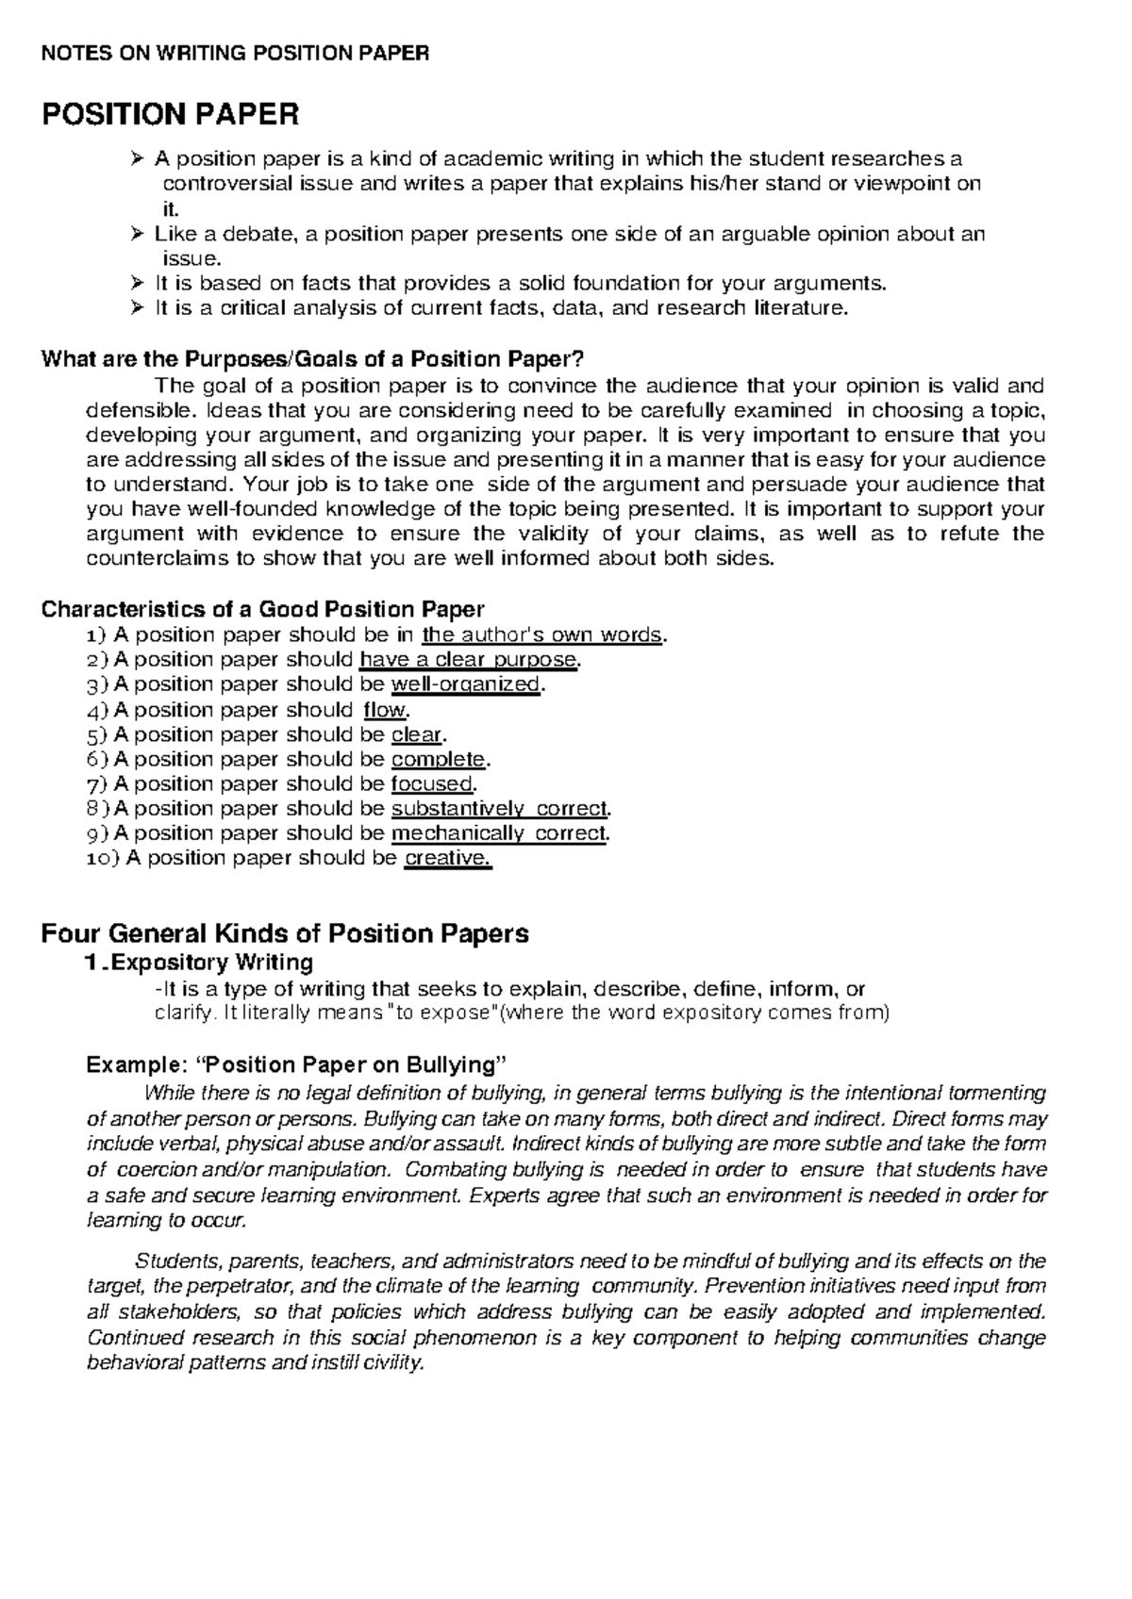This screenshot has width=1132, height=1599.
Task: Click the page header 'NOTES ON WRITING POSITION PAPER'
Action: pyautogui.click(x=235, y=53)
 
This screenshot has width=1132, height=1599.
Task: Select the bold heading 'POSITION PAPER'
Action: pyautogui.click(x=170, y=115)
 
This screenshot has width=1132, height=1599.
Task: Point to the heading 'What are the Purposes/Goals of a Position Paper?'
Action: pyautogui.click(x=313, y=359)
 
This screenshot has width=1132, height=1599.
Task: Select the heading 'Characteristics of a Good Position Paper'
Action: pyautogui.click(x=263, y=609)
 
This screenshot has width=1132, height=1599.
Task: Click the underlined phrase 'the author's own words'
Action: pyautogui.click(x=542, y=635)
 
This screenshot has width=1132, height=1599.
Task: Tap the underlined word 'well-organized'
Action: pyautogui.click(x=466, y=684)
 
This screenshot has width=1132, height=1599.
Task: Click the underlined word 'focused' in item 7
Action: pyautogui.click(x=432, y=783)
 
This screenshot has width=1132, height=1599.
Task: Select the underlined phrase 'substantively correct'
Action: pyautogui.click(x=499, y=808)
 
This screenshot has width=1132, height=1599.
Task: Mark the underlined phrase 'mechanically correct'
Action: pyautogui.click(x=498, y=833)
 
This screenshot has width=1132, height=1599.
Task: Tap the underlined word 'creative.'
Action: pyautogui.click(x=447, y=858)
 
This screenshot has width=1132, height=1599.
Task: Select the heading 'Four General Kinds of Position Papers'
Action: pyautogui.click(x=285, y=933)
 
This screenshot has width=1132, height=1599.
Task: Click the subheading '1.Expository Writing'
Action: pyautogui.click(x=198, y=963)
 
